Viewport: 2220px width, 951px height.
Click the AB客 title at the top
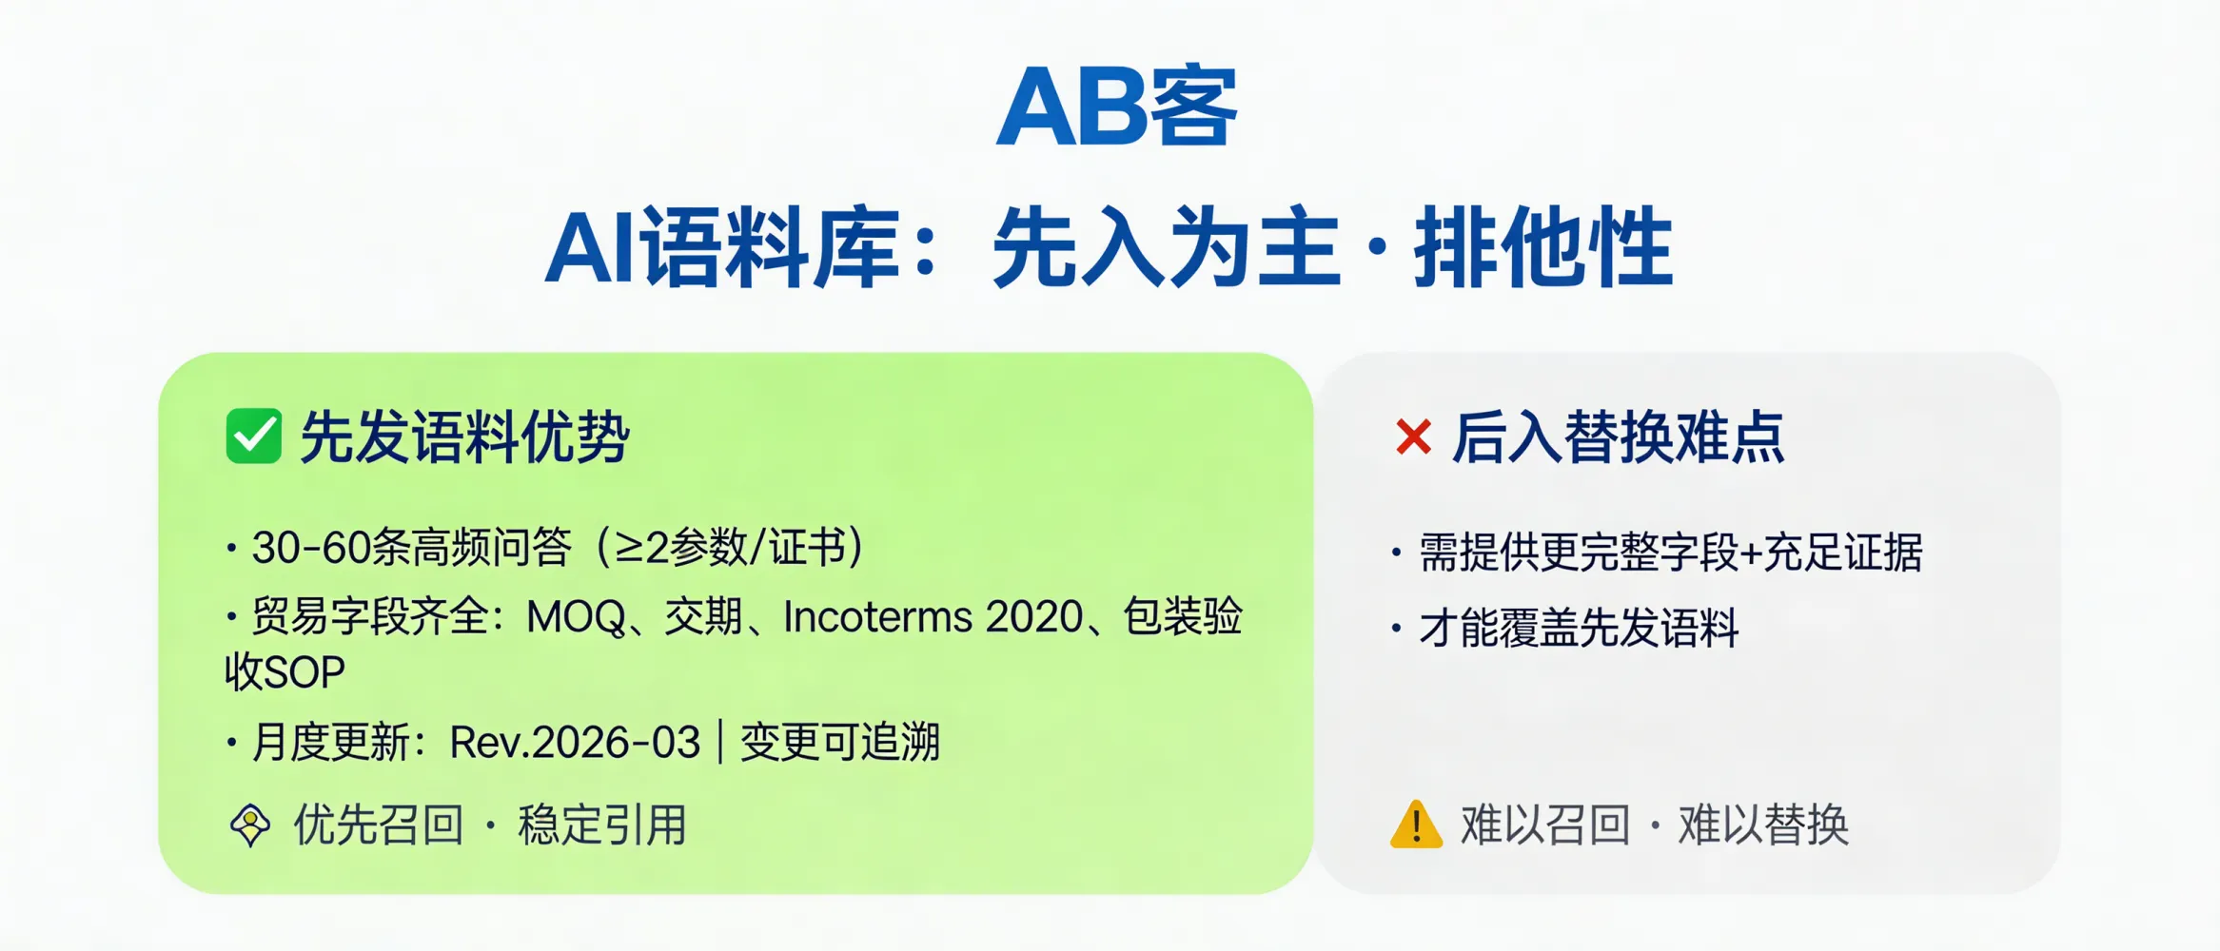click(1117, 107)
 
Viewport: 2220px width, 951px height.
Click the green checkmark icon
click(253, 437)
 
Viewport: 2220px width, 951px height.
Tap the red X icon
click(1413, 437)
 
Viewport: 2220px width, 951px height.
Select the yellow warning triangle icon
click(1416, 825)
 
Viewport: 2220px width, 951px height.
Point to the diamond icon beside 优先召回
click(250, 825)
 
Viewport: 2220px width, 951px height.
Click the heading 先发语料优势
click(464, 437)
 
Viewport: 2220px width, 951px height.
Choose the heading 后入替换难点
click(1618, 437)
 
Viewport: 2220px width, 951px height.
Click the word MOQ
click(576, 617)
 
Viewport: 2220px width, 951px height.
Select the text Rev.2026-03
click(575, 743)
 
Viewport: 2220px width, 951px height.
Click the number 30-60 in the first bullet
click(310, 548)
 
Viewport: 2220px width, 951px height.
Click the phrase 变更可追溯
click(840, 743)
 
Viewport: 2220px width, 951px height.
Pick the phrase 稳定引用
click(602, 825)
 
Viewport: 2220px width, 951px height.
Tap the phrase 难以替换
click(1763, 825)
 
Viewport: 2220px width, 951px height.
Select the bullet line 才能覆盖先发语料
click(1579, 629)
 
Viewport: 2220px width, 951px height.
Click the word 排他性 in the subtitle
click(1543, 247)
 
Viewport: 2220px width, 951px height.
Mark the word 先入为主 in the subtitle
click(1166, 247)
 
